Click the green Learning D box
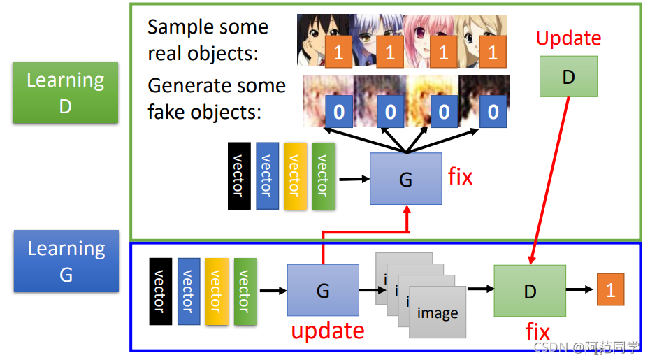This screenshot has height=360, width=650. tap(65, 92)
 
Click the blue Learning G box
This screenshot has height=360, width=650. tap(66, 261)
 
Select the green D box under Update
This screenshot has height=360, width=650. tap(568, 77)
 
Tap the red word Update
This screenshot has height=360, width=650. tap(568, 38)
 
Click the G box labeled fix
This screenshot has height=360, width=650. tap(405, 178)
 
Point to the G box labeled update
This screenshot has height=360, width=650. tap(323, 289)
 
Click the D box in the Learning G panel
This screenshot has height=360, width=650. tap(529, 289)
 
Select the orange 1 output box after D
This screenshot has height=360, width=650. tap(610, 289)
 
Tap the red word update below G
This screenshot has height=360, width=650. tap(328, 330)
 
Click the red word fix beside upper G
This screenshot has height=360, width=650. tap(460, 177)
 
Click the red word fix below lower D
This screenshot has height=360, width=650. tap(537, 331)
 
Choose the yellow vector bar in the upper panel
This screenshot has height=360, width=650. tap(295, 175)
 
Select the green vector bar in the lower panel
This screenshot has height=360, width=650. tap(244, 291)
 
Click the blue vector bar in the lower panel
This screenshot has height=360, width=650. tap(188, 291)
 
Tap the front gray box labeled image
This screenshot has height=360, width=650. tap(437, 313)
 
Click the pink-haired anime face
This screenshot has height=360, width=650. tap(426, 39)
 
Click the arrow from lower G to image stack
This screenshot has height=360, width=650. tap(368, 289)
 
